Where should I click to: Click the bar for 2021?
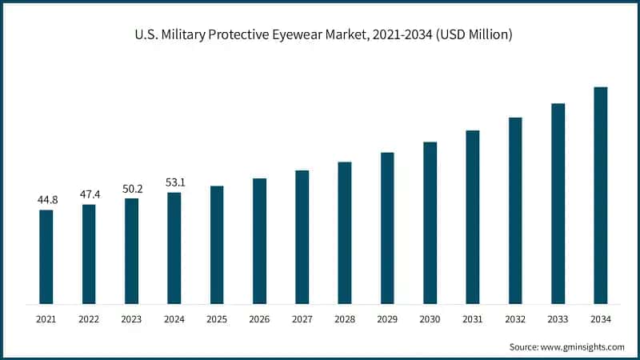[x=46, y=257]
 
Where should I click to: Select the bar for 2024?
[x=174, y=248]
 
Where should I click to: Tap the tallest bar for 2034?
[x=600, y=195]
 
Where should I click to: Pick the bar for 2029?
[x=387, y=228]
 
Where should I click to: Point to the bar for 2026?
[x=259, y=241]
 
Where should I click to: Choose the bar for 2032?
[x=515, y=210]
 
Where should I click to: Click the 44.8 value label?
[x=46, y=199]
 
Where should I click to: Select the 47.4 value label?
[x=89, y=194]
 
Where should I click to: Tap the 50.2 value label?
[x=131, y=188]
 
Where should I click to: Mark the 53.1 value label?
[x=174, y=182]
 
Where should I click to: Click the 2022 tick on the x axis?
[x=89, y=319]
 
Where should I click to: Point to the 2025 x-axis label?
[x=217, y=319]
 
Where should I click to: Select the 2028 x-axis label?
[x=345, y=319]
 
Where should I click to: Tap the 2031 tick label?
[x=472, y=319]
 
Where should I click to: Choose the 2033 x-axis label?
[x=558, y=319]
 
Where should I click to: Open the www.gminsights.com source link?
[x=582, y=346]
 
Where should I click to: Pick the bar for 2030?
[x=430, y=223]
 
